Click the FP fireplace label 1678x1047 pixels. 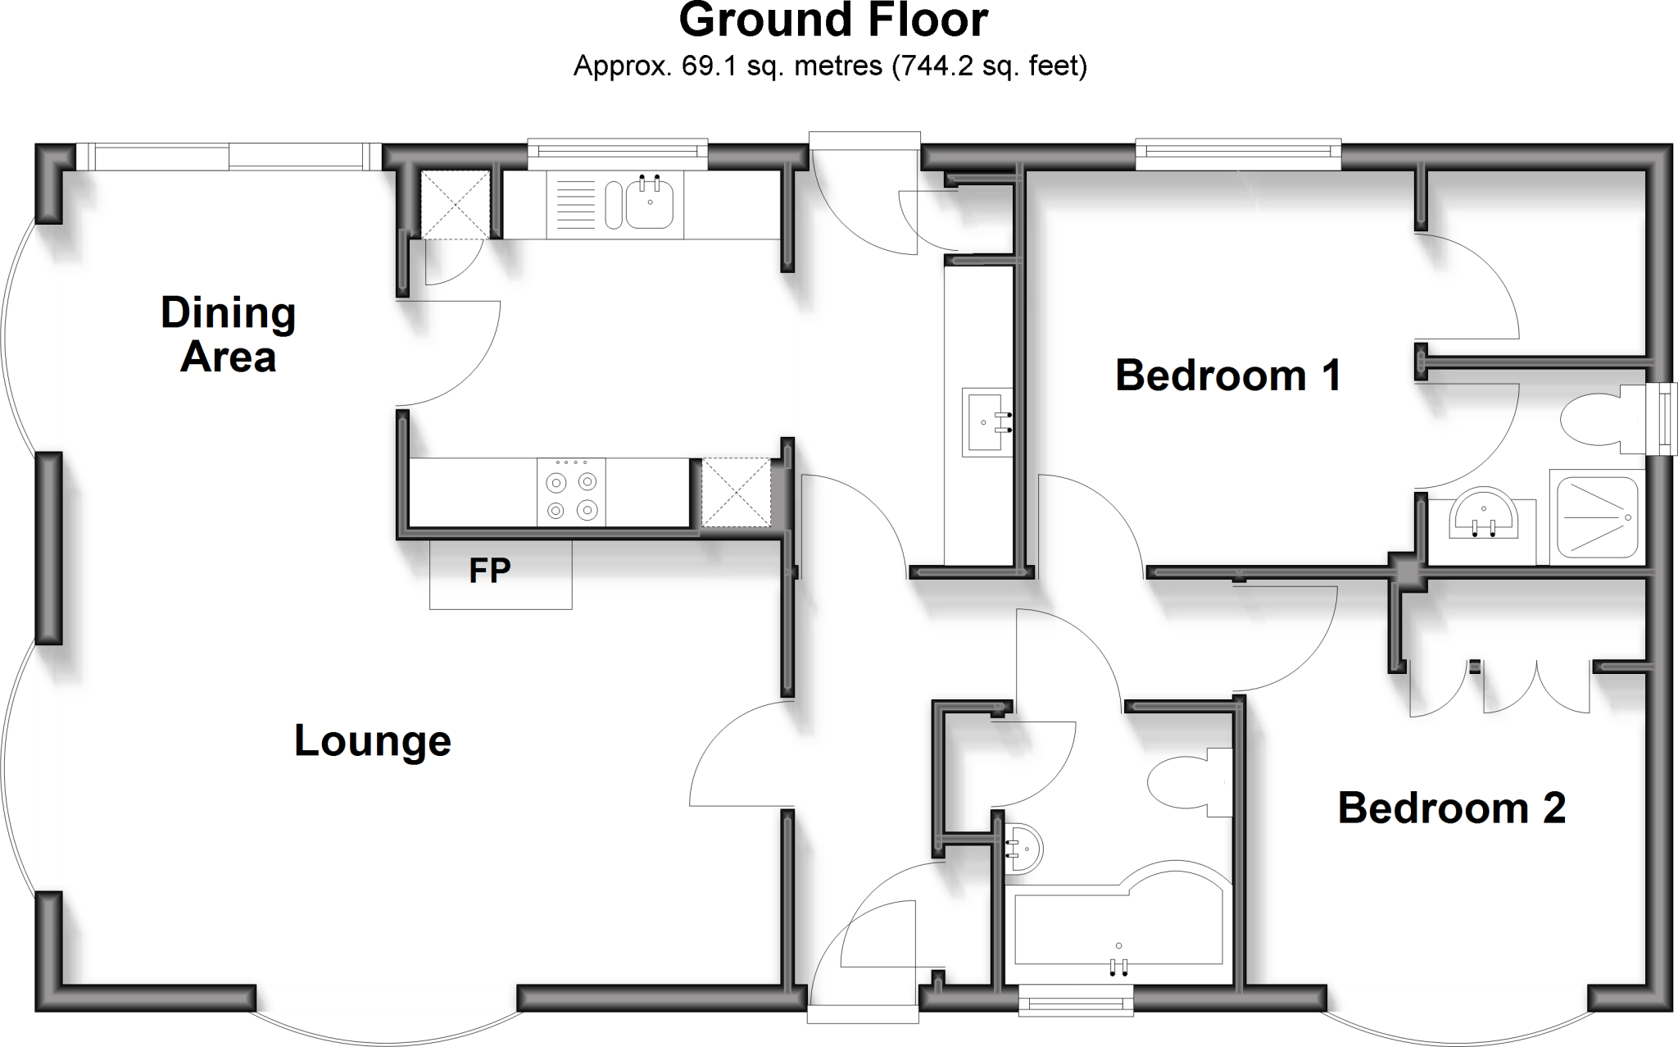coord(490,571)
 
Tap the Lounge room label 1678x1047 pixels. coord(373,741)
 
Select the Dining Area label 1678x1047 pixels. coord(228,335)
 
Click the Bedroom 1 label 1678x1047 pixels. coord(1228,376)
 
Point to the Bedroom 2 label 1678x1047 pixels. coord(1452,808)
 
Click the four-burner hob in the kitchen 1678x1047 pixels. coord(572,492)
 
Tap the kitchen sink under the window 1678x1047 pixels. coord(651,204)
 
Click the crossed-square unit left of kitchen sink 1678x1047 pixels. coord(454,204)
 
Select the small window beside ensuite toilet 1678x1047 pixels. coord(1663,420)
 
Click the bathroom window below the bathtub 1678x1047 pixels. coord(1076,1001)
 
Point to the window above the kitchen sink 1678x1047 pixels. coord(617,150)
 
